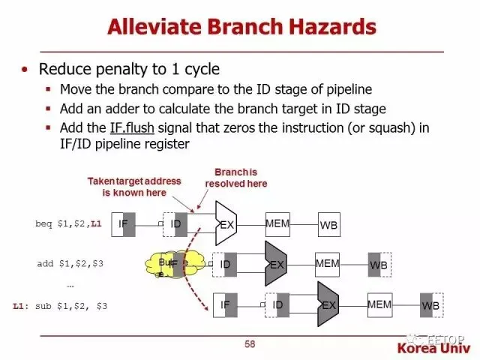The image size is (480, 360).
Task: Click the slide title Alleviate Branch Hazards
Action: click(241, 28)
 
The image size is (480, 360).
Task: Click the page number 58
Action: click(250, 344)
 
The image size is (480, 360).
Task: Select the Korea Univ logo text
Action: click(434, 349)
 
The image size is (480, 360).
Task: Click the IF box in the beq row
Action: click(123, 223)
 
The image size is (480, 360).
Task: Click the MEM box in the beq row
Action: click(277, 223)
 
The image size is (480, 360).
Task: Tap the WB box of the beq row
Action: click(328, 224)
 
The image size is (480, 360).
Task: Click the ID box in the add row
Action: click(225, 264)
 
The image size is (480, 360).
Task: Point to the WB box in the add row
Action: click(379, 265)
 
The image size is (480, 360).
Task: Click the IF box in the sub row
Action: click(225, 304)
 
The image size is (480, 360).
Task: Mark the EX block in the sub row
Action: click(328, 304)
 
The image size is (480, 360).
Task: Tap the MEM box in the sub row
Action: click(379, 304)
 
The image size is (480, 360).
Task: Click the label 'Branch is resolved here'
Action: click(235, 177)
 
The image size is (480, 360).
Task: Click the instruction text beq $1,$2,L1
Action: click(68, 224)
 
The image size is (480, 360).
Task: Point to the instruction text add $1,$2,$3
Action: click(70, 264)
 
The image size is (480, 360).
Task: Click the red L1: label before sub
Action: click(21, 306)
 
